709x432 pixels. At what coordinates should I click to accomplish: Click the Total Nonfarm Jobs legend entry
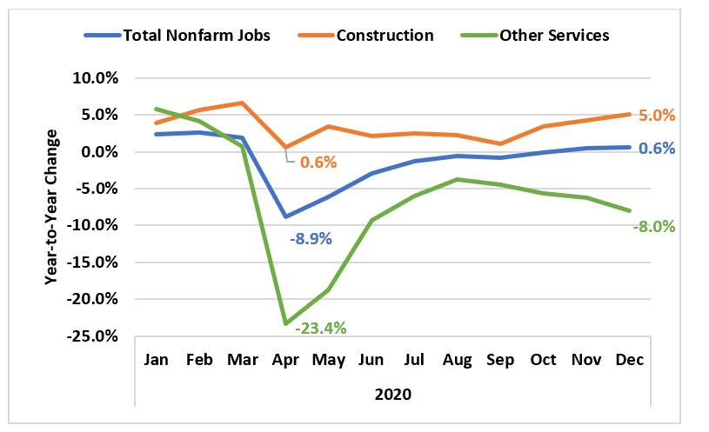pyautogui.click(x=177, y=36)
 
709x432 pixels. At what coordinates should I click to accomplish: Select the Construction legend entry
pyautogui.click(x=365, y=36)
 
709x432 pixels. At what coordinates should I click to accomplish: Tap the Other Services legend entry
pyautogui.click(x=535, y=36)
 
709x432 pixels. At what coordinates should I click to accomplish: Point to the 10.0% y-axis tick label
pyautogui.click(x=96, y=78)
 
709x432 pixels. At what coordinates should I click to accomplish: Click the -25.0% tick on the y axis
pyautogui.click(x=92, y=336)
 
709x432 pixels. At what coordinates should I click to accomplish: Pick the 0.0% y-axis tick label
pyautogui.click(x=99, y=152)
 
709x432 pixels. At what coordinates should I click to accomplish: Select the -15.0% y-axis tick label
pyautogui.click(x=92, y=263)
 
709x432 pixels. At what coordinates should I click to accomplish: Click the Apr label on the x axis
pyautogui.click(x=285, y=360)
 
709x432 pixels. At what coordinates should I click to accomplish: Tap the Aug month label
pyautogui.click(x=457, y=360)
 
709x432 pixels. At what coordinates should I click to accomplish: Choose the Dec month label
pyautogui.click(x=630, y=360)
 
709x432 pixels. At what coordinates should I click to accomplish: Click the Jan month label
pyautogui.click(x=156, y=360)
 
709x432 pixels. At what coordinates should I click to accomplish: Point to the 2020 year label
pyautogui.click(x=393, y=395)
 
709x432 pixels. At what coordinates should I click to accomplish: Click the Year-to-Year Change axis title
pyautogui.click(x=51, y=207)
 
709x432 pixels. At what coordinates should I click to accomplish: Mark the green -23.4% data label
pyautogui.click(x=321, y=328)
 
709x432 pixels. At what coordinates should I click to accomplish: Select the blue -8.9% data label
pyautogui.click(x=311, y=238)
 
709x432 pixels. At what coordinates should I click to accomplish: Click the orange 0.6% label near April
pyautogui.click(x=318, y=163)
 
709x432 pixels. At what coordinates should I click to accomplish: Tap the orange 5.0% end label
pyautogui.click(x=657, y=116)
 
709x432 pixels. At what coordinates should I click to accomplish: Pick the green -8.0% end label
pyautogui.click(x=654, y=226)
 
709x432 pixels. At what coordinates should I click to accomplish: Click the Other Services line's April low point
pyautogui.click(x=285, y=323)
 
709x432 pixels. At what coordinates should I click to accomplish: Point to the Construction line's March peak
pyautogui.click(x=243, y=103)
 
